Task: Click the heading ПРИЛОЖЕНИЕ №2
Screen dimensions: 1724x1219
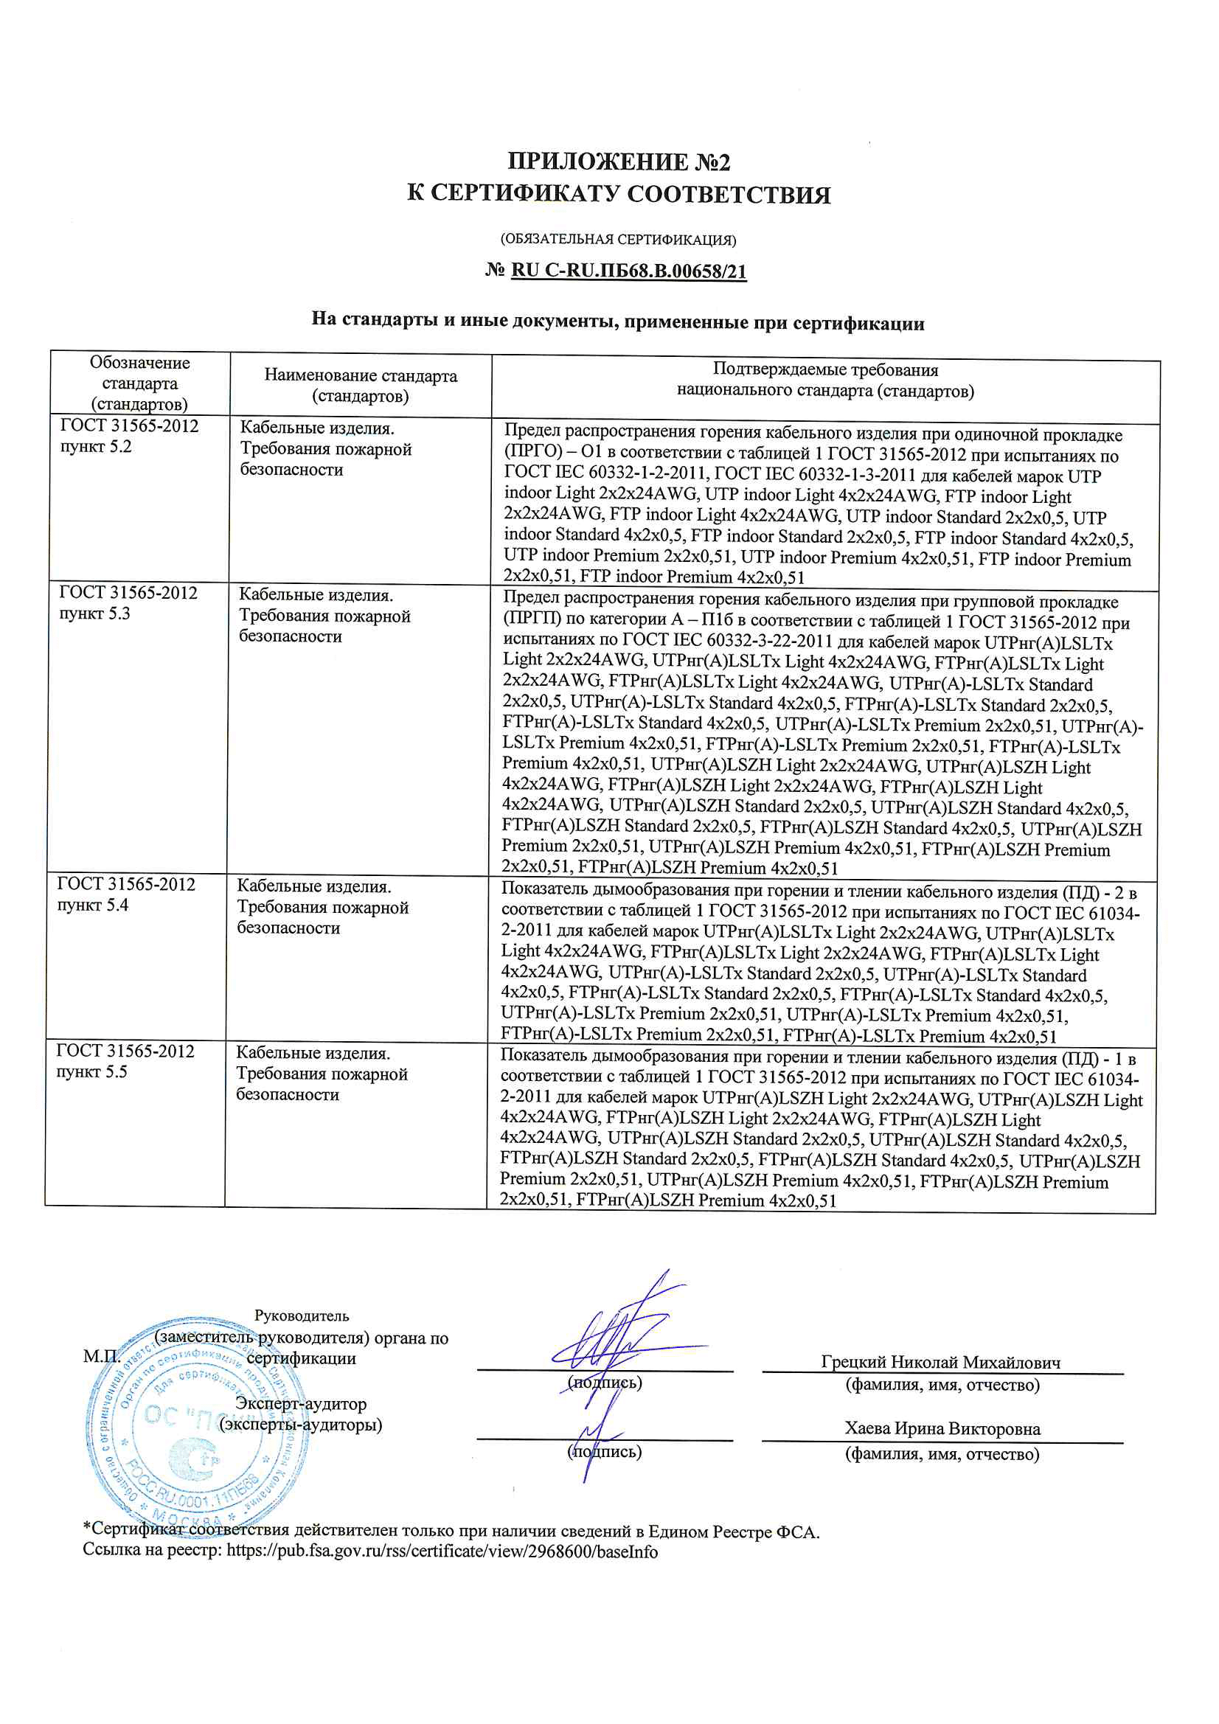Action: click(x=618, y=161)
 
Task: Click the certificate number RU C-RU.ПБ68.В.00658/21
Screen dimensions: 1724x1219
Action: click(x=628, y=271)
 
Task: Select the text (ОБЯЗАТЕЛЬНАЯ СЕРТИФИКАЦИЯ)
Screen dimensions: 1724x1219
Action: click(x=618, y=240)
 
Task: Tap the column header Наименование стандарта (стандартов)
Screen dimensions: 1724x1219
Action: click(x=361, y=385)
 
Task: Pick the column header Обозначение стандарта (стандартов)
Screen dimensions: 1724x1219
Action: click(x=139, y=383)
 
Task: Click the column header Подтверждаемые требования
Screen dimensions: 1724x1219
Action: click(x=824, y=380)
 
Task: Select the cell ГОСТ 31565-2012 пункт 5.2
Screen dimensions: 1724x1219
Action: click(x=129, y=437)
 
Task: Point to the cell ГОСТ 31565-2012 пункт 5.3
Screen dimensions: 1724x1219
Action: click(x=128, y=603)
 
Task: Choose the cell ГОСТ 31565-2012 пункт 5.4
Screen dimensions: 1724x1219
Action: click(x=126, y=894)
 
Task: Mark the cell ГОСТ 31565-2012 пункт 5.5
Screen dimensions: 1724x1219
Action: click(x=125, y=1061)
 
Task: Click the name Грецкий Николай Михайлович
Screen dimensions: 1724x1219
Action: click(x=940, y=1361)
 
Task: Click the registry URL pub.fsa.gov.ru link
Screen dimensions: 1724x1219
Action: click(x=442, y=1551)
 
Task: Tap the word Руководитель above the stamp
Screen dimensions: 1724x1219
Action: click(x=301, y=1315)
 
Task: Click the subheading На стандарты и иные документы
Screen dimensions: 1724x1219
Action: click(x=617, y=322)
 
